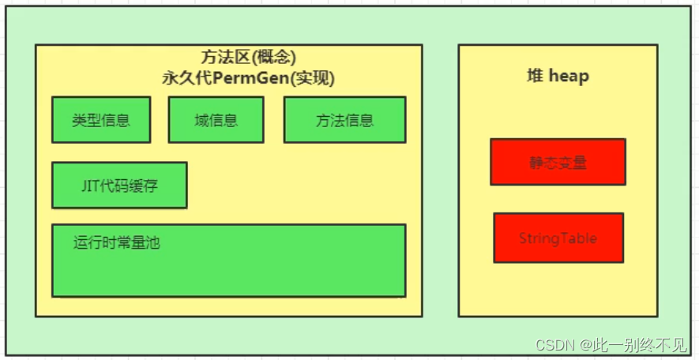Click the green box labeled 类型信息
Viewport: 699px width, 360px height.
pyautogui.click(x=101, y=120)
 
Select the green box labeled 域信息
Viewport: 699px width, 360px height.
pyautogui.click(x=215, y=120)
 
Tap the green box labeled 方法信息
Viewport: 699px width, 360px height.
pyautogui.click(x=344, y=120)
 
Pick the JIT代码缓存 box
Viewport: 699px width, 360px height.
pyautogui.click(x=119, y=186)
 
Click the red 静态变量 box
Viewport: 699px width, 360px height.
pyautogui.click(x=558, y=162)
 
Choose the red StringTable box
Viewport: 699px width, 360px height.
pyautogui.click(x=558, y=238)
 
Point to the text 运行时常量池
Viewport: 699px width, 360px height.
pyautogui.click(x=117, y=243)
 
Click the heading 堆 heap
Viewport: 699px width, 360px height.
pyautogui.click(x=558, y=77)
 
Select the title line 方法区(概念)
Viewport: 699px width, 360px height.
pyautogui.click(x=248, y=58)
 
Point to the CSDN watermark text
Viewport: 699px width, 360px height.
pyautogui.click(x=554, y=345)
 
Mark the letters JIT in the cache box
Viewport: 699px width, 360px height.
pyautogui.click(x=90, y=186)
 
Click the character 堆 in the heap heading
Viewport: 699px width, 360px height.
pyautogui.click(x=535, y=77)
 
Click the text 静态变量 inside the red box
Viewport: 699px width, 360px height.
pyautogui.click(x=558, y=163)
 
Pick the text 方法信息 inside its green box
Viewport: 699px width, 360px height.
pyautogui.click(x=344, y=121)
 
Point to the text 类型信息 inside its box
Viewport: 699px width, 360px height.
pyautogui.click(x=101, y=121)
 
